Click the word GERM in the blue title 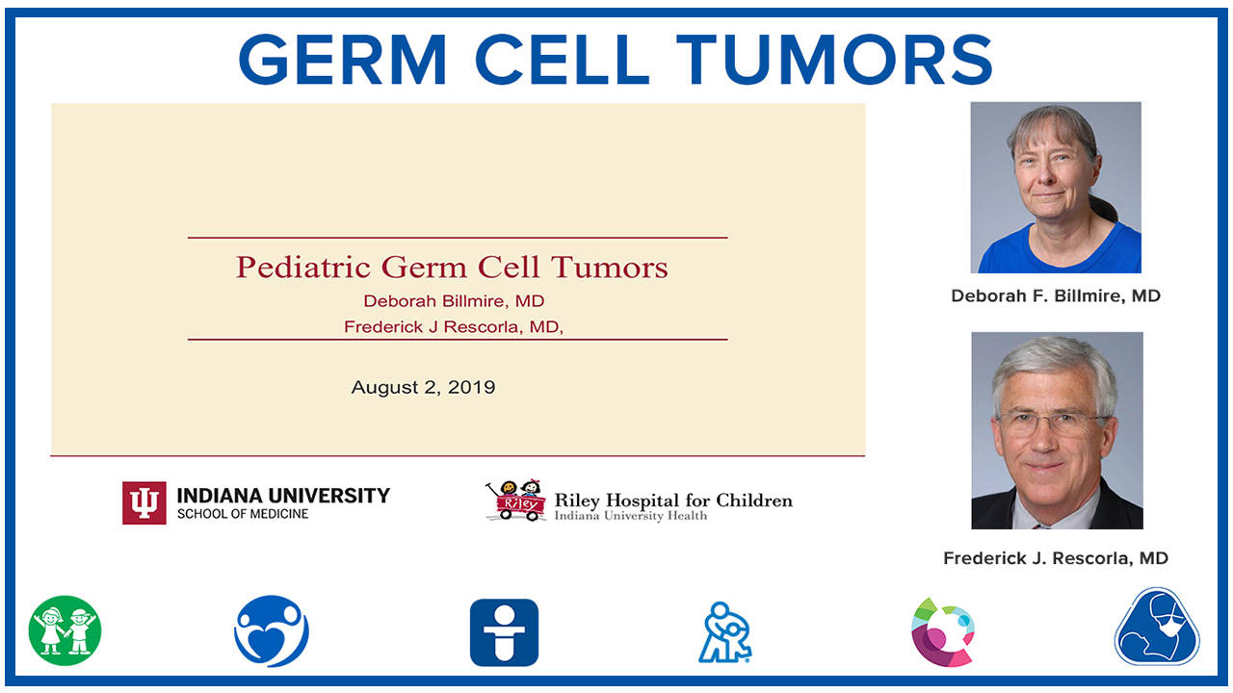point(342,60)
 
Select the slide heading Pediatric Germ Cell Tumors point(452,267)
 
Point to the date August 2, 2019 point(423,388)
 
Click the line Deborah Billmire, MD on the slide point(454,301)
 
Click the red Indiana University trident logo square point(144,502)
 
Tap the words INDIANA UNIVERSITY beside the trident point(283,496)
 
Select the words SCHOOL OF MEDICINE point(243,515)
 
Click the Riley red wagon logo point(515,501)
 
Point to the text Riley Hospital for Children point(673,500)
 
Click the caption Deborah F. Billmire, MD point(1056,296)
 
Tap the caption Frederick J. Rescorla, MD point(1056,558)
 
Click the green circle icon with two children point(65,631)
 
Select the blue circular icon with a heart point(272,631)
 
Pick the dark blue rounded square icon point(504,632)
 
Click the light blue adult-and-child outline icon point(724,632)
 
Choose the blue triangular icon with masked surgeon point(1156,628)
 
